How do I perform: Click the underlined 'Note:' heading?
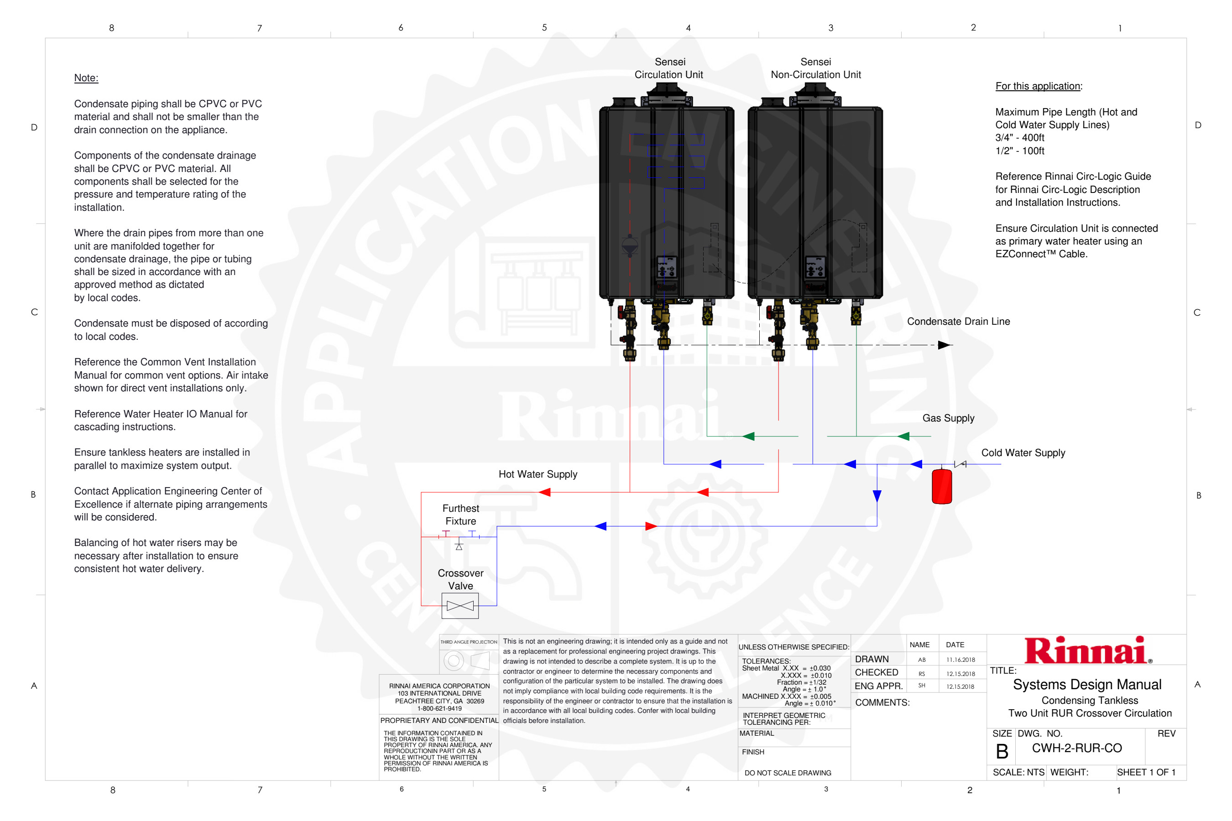click(x=86, y=78)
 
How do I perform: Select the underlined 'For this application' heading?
click(x=1038, y=86)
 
